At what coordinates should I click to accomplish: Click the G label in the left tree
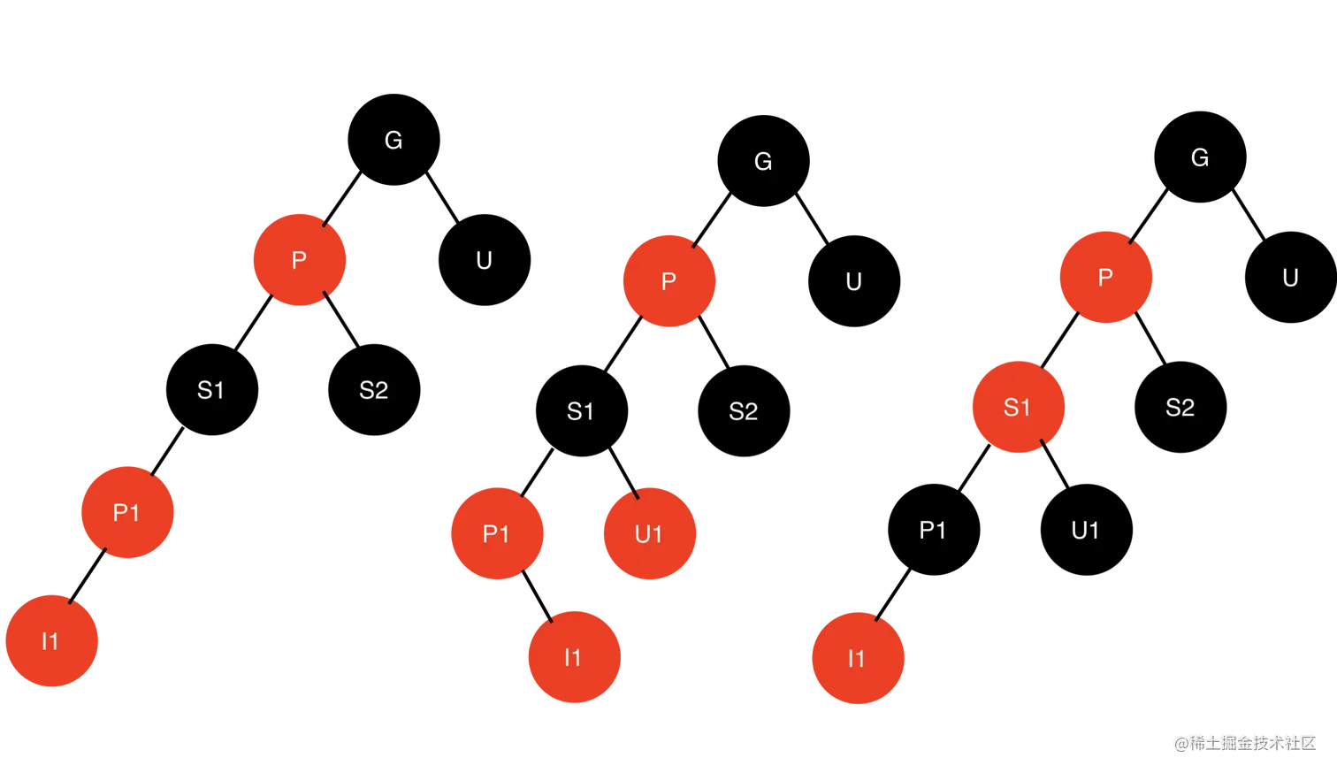(x=393, y=141)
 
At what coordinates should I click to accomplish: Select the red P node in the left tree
(x=299, y=260)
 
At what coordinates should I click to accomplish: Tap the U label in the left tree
(x=484, y=261)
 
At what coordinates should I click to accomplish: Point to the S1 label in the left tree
(x=210, y=390)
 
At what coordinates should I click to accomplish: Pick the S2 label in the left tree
(x=373, y=390)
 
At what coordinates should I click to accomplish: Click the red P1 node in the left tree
(x=126, y=512)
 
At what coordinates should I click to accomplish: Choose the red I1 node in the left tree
(x=51, y=640)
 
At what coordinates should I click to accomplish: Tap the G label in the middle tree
(x=763, y=162)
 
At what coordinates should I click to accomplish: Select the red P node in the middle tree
(x=669, y=281)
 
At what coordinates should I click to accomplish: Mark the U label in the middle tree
(x=853, y=282)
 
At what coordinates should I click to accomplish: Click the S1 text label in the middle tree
(x=580, y=411)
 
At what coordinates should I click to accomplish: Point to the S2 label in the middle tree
(x=743, y=411)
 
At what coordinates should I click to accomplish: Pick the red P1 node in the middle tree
(x=496, y=533)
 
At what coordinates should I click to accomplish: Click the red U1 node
(x=649, y=533)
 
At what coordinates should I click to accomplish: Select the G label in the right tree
(x=1200, y=158)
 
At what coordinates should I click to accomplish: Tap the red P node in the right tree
(x=1105, y=278)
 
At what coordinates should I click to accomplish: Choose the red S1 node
(x=1018, y=408)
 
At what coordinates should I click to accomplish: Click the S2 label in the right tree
(x=1180, y=408)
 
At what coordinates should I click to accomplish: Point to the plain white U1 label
(x=1085, y=531)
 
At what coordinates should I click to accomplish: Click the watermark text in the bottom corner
(x=1244, y=742)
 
